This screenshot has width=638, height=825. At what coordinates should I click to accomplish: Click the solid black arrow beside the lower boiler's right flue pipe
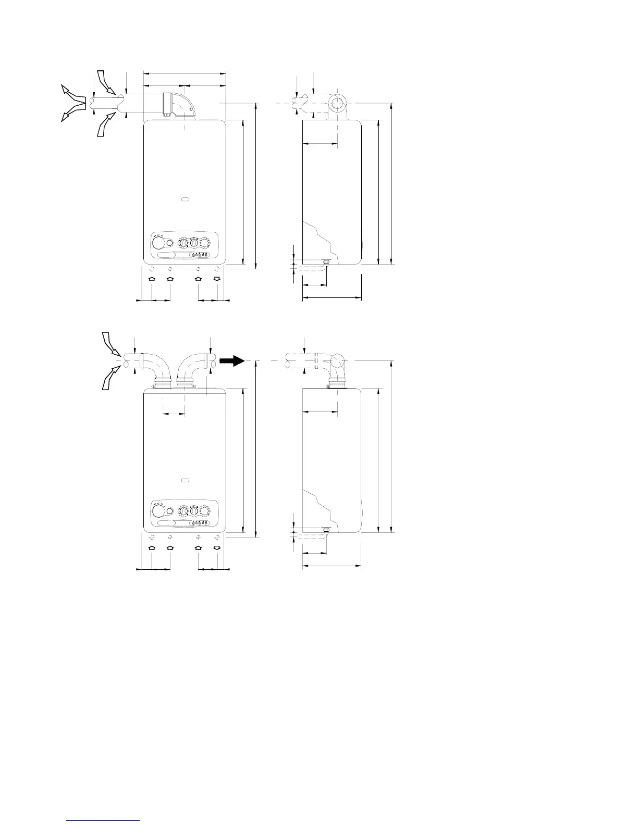point(231,360)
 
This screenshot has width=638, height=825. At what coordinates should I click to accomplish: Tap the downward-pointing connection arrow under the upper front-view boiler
point(217,279)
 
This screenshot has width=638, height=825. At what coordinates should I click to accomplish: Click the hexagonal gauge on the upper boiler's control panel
point(158,243)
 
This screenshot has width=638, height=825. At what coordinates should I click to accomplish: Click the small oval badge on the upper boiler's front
point(185,199)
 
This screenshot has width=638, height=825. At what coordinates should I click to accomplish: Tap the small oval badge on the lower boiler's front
point(185,479)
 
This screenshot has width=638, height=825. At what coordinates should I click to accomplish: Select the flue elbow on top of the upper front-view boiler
point(182,107)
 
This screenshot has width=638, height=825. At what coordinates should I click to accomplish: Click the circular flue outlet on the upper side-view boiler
point(337,104)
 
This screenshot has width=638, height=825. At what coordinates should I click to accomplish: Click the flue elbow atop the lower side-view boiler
point(337,367)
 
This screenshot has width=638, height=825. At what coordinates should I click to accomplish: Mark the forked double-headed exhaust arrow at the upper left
point(73,103)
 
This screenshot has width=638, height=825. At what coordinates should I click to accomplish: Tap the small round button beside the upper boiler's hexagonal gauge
point(169,243)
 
